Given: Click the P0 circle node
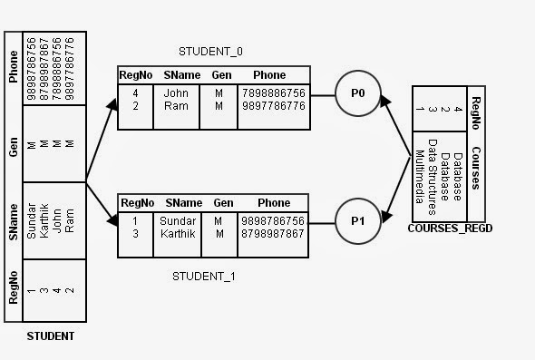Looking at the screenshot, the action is [x=358, y=93].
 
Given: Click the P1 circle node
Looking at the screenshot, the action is [x=358, y=221].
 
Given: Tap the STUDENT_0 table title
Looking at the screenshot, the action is [x=210, y=52].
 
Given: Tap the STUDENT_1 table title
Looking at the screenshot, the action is [x=204, y=276].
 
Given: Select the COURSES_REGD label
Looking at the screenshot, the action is [x=450, y=229].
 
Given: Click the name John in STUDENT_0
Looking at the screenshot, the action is [x=176, y=93].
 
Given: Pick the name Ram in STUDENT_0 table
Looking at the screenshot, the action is [x=176, y=106].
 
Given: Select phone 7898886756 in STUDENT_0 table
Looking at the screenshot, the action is [x=274, y=93].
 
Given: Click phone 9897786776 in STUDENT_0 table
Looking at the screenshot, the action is [x=274, y=106].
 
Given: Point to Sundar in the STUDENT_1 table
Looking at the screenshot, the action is [x=178, y=221].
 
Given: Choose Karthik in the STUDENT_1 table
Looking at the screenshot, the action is [x=178, y=234].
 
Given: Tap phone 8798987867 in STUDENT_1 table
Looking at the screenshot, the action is [x=273, y=234].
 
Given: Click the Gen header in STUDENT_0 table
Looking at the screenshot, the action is [x=221, y=75].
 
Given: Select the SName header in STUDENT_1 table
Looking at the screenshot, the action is [x=183, y=203].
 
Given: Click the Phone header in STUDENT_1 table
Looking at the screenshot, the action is [x=274, y=203].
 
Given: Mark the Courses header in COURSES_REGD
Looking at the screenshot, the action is [x=476, y=169].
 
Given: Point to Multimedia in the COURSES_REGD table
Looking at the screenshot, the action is [x=420, y=177].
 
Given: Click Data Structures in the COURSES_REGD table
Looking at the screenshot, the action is [x=433, y=177].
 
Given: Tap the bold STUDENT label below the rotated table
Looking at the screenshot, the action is [x=51, y=336].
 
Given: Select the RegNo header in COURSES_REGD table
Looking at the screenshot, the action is [x=476, y=113].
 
